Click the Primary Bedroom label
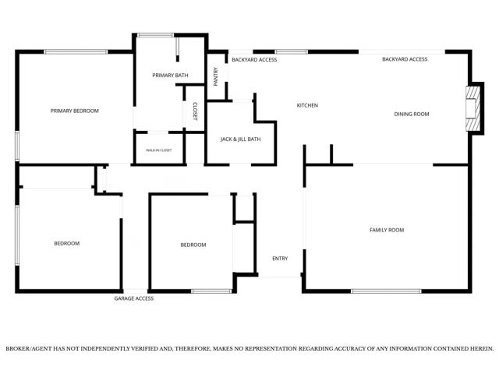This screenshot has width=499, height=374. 75,111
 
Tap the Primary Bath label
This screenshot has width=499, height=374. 170,76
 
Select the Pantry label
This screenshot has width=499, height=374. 215,76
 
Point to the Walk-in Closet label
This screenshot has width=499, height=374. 159,150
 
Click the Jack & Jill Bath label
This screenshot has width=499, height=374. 241,139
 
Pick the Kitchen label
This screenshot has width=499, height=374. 307,105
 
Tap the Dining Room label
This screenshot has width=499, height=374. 412,114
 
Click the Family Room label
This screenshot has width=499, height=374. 387,230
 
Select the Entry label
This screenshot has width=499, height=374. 280,259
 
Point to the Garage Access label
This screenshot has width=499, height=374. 134,298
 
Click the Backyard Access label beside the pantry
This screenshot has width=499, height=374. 254,60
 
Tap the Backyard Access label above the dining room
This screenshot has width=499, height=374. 405,59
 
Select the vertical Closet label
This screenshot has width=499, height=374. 195,111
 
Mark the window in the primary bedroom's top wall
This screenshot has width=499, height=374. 76,52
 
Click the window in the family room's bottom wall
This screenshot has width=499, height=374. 387,291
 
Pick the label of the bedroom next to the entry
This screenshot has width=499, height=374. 193,245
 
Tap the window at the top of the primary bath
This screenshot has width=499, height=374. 156,35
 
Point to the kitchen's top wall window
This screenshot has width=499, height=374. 292,52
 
